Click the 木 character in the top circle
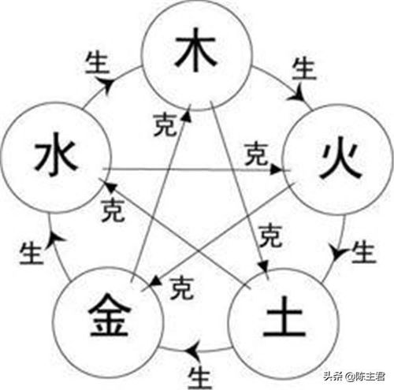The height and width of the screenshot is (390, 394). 196,50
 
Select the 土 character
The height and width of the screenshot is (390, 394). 284,316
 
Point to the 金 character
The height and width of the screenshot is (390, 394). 110,314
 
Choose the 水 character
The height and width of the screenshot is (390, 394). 56,155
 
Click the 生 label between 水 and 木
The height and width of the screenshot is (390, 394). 97,63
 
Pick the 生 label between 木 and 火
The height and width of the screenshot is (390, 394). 304,69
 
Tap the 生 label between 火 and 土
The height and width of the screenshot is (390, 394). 364,252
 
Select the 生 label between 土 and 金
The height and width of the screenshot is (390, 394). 200,377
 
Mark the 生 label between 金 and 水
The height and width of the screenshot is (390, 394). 31,253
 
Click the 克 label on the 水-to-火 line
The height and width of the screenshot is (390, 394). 256,154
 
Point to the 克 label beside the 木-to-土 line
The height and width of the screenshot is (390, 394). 271,236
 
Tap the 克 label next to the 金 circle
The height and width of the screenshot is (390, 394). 182,288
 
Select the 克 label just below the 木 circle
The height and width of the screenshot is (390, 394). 165,124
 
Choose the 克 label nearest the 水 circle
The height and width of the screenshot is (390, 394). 113,210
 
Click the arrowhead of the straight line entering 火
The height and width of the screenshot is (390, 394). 276,169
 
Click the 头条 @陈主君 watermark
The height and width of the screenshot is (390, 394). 354,377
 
